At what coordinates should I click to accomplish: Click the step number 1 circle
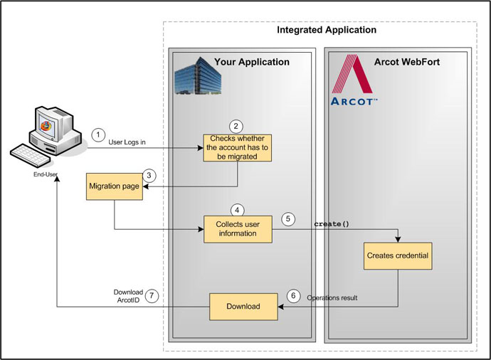pyautogui.click(x=98, y=134)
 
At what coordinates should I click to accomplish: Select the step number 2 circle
pyautogui.click(x=238, y=125)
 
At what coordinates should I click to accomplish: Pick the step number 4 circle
pyautogui.click(x=238, y=211)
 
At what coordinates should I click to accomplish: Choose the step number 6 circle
pyautogui.click(x=294, y=295)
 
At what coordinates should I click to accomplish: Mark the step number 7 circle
pyautogui.click(x=151, y=297)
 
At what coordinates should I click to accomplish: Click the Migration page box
pyautogui.click(x=114, y=186)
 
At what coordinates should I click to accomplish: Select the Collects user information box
pyautogui.click(x=238, y=228)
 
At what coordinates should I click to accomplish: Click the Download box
pyautogui.click(x=243, y=307)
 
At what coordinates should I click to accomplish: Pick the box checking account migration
pyautogui.click(x=238, y=147)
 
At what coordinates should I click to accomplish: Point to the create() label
pyautogui.click(x=332, y=224)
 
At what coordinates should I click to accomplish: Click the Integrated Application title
pyautogui.click(x=326, y=31)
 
